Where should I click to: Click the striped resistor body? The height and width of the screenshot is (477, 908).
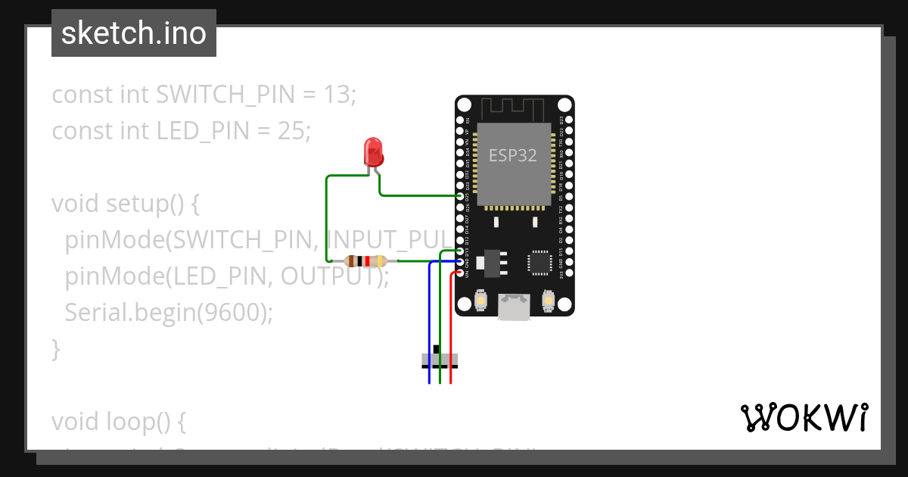point(366,261)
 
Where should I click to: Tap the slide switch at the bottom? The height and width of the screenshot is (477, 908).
point(440,360)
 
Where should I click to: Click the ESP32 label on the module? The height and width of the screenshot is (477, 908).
point(512,156)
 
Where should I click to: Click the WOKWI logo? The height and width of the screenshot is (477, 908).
point(804,417)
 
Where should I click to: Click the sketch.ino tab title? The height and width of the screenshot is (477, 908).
point(134,33)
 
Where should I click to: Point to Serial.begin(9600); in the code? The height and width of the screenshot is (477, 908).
point(169,313)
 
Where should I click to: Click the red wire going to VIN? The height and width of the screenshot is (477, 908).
point(451,326)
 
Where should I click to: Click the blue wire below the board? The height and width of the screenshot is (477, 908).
point(429,326)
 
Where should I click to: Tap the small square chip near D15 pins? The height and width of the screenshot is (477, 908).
point(540,262)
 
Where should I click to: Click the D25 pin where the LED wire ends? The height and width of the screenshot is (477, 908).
point(460,196)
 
